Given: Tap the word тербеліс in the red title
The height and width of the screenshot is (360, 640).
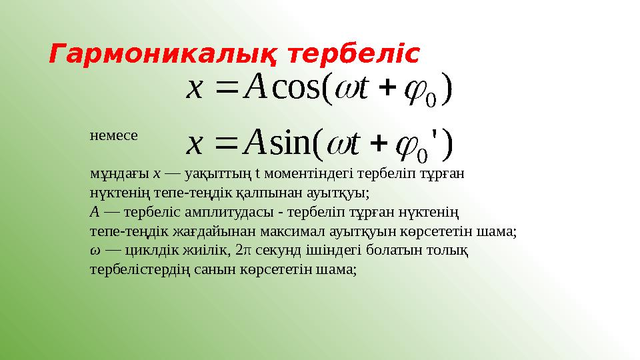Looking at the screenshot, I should (x=354, y=55).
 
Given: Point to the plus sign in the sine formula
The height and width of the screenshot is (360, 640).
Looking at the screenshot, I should (x=381, y=143).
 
